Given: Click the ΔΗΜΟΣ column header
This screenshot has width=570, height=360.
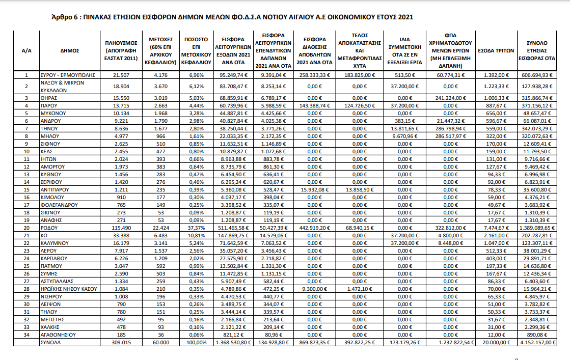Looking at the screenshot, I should click(69, 51).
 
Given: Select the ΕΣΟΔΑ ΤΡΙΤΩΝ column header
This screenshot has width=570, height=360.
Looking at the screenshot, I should click(496, 51).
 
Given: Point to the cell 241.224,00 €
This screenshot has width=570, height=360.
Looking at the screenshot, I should click(452, 97).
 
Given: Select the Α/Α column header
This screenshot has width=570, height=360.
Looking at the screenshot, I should click(27, 51).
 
